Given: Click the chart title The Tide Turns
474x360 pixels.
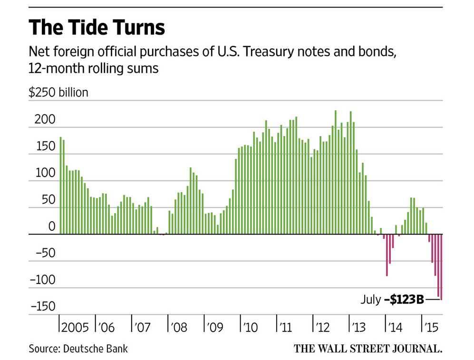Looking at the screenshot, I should [x=97, y=28].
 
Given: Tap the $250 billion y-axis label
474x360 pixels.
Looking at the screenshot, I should [x=58, y=92].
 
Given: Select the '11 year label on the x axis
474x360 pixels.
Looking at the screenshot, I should [x=285, y=328].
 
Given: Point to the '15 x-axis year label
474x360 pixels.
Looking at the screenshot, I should [x=431, y=328].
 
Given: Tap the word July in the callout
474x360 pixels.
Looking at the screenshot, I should [x=370, y=300].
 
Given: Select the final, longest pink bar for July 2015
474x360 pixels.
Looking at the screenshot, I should [x=441, y=267].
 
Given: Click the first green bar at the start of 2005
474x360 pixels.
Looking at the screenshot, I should [x=60, y=186].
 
